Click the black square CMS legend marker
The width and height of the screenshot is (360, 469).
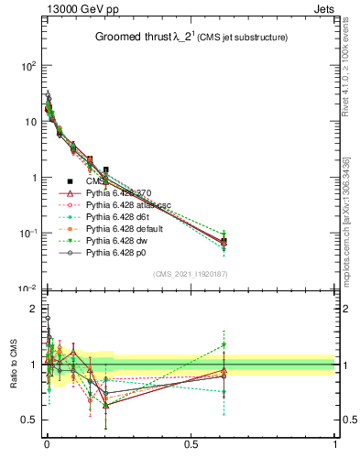coord(71,180)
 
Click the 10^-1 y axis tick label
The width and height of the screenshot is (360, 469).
coord(27,234)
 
